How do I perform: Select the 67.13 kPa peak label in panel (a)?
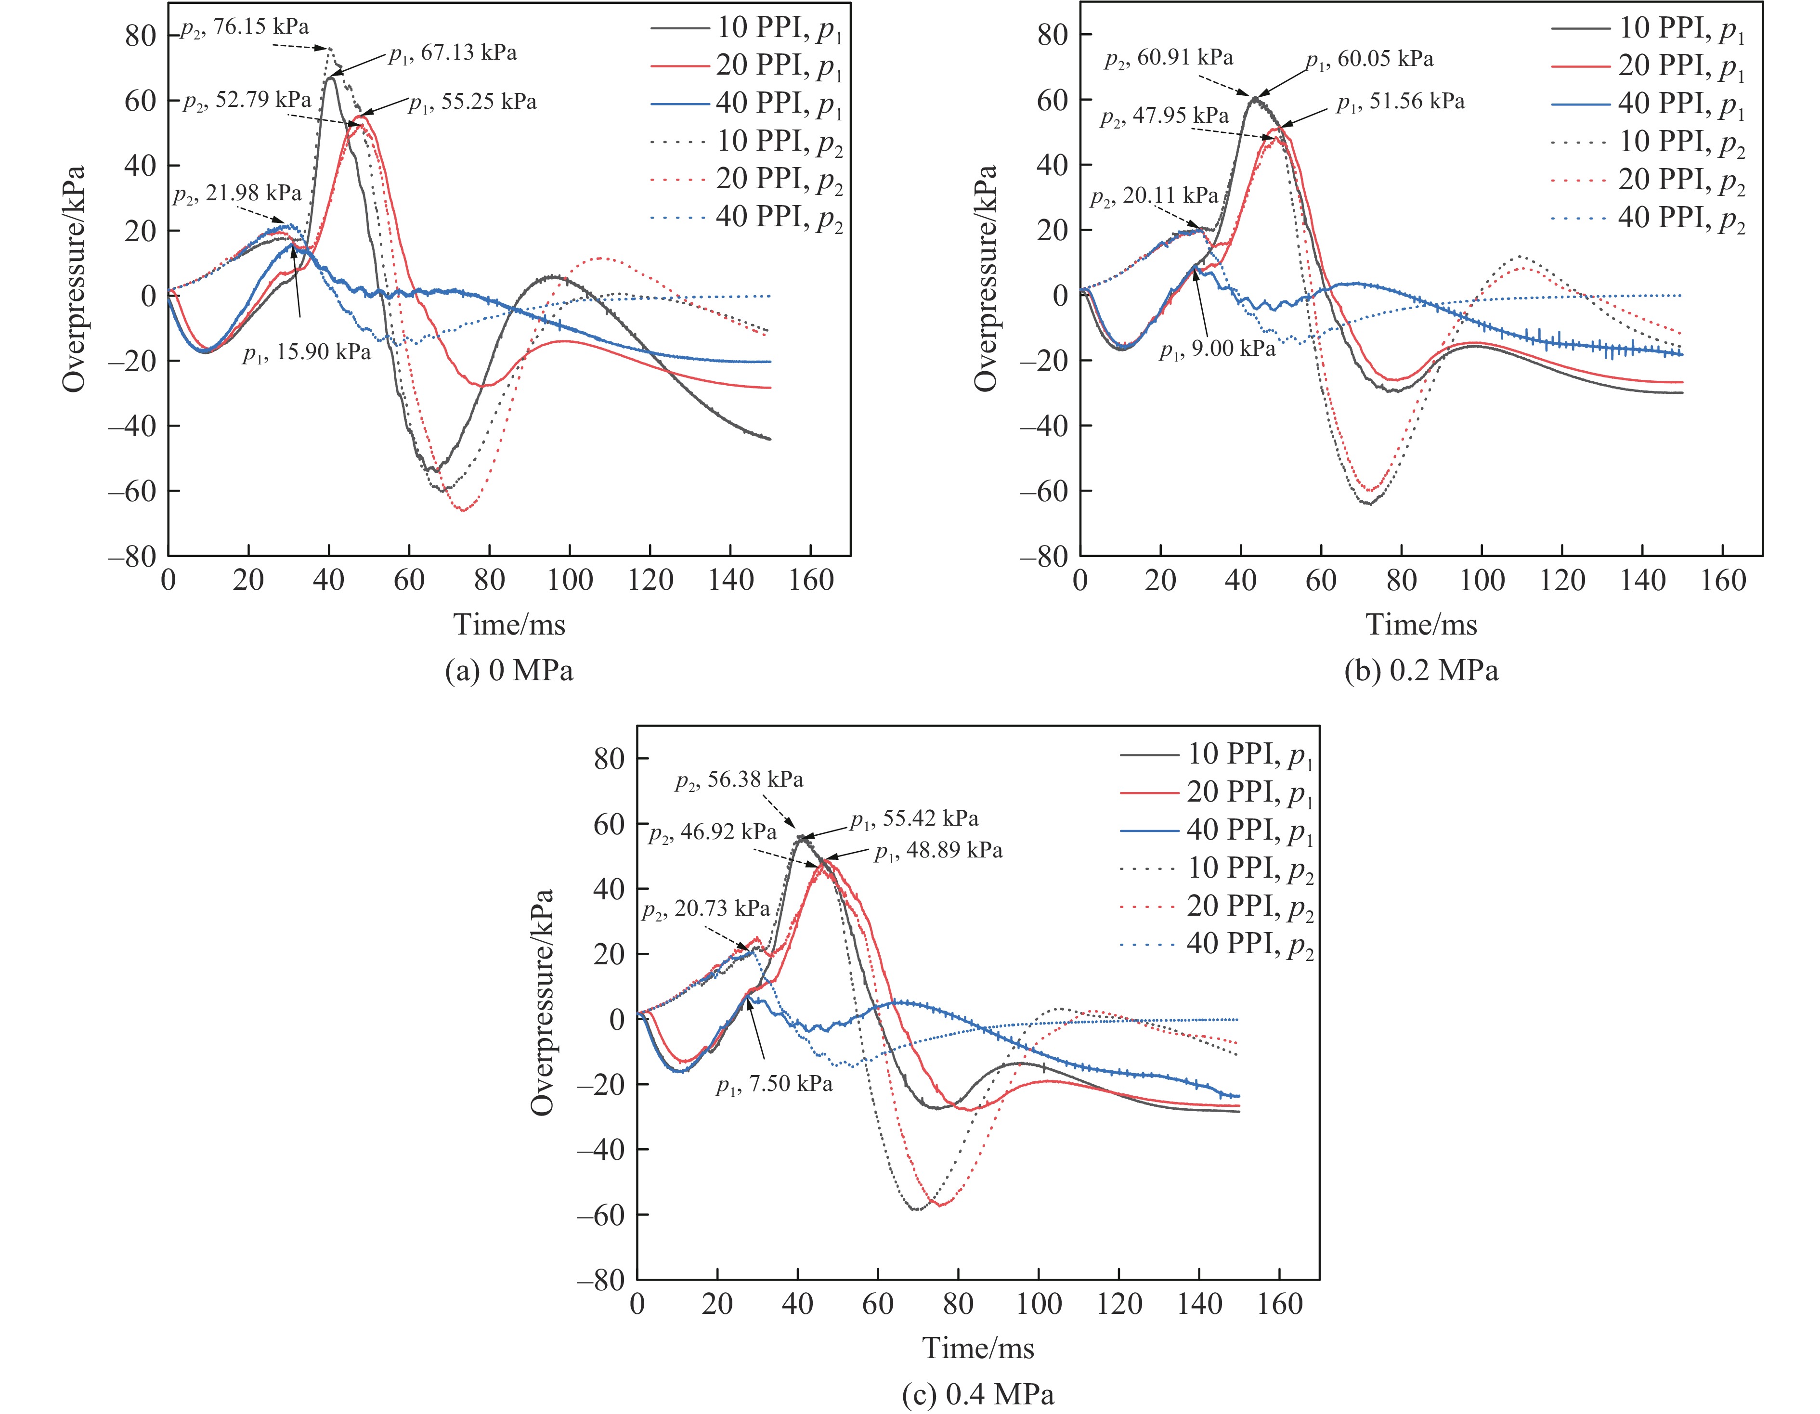453,53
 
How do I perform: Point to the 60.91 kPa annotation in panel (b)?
1169,58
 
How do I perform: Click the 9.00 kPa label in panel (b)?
1217,349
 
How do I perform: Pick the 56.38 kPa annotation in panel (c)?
739,780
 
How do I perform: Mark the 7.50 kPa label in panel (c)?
774,1084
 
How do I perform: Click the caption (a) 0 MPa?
509,671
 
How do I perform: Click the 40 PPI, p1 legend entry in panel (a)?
779,104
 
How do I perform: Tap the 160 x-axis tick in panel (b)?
1723,580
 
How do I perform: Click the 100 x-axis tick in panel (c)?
1039,1304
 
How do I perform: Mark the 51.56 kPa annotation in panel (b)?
1400,102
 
